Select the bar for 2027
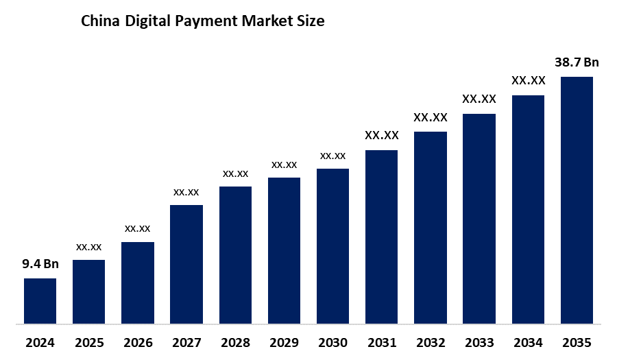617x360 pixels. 186,264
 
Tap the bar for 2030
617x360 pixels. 332,245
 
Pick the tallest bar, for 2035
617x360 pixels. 577,200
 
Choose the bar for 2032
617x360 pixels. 431,227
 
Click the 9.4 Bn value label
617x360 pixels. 40,264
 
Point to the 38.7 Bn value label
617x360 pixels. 577,62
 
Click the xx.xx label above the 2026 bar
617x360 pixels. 137,228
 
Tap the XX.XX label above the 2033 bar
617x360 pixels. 479,99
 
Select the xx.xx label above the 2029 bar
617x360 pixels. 284,165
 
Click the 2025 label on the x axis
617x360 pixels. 89,342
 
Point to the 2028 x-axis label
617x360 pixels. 235,342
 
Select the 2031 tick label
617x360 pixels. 382,342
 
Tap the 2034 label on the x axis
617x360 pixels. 528,342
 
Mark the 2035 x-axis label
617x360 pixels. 577,342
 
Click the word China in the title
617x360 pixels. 99,21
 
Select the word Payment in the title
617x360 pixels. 203,22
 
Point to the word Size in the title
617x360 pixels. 310,21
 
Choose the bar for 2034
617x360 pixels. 528,209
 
